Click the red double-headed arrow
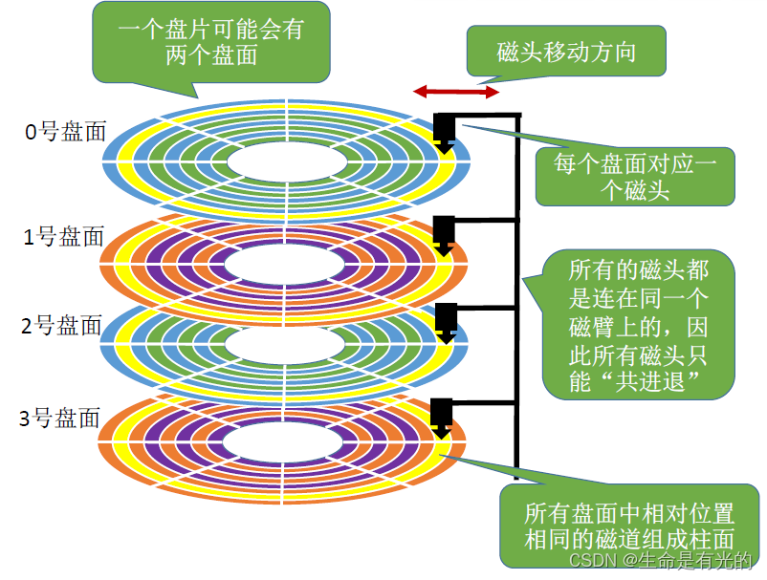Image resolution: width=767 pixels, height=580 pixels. pyautogui.click(x=455, y=93)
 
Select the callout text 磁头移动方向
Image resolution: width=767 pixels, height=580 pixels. pyautogui.click(x=566, y=52)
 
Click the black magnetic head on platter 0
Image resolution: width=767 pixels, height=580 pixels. pyautogui.click(x=444, y=128)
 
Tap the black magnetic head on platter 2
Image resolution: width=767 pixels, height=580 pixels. pyautogui.click(x=444, y=318)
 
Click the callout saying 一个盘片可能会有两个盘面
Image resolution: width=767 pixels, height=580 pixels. pyautogui.click(x=211, y=41)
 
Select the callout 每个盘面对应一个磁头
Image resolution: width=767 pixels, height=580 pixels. pyautogui.click(x=635, y=176)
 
